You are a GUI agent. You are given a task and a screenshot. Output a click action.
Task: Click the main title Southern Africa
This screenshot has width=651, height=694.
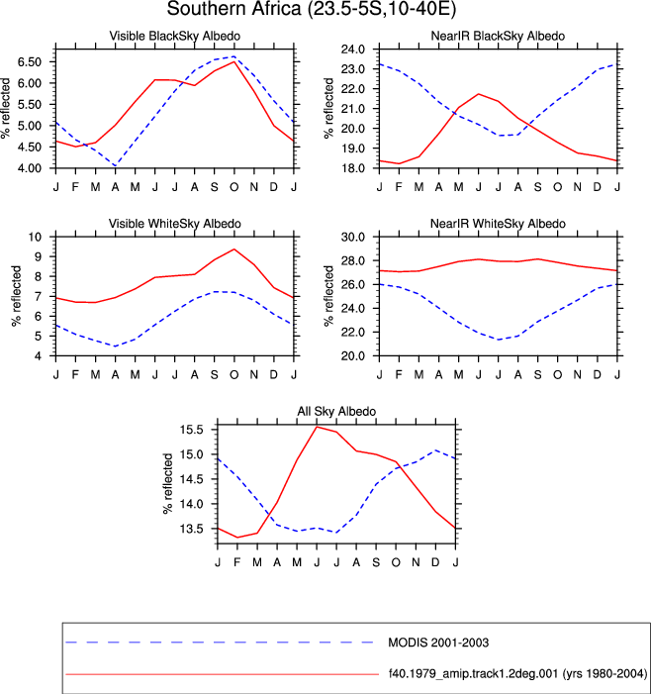coord(233,8)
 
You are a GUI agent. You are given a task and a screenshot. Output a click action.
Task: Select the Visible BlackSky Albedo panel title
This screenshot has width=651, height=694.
coord(175,36)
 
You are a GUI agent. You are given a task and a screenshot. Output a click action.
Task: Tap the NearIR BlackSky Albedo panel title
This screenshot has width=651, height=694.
coord(498,36)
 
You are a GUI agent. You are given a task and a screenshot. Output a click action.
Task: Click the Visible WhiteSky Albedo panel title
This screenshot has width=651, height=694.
coord(175,224)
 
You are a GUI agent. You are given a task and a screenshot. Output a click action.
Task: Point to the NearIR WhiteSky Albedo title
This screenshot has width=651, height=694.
coord(498,224)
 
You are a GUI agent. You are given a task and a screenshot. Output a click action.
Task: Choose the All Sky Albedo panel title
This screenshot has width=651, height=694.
coord(336,411)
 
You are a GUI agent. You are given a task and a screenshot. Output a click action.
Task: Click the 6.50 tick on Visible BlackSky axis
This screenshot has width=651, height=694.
coord(30,62)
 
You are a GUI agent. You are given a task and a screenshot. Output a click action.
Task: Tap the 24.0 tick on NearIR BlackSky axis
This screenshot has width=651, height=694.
coord(353,50)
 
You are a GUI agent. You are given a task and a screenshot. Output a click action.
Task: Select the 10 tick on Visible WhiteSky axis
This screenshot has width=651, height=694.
coord(35,237)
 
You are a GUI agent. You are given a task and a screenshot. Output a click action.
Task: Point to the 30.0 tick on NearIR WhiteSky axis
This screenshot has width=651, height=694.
coord(353,237)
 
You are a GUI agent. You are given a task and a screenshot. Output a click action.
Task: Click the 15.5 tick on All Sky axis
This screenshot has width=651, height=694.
coord(192,430)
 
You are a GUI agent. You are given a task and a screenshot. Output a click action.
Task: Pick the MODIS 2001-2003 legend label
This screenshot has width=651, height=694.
coord(438,643)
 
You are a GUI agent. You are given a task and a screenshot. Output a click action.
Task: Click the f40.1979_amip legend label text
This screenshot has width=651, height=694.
coord(517,673)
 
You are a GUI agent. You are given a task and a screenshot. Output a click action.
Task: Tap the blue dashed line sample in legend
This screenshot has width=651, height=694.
coord(220,642)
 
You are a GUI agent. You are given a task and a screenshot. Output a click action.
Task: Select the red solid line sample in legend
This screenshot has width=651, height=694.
coord(223,674)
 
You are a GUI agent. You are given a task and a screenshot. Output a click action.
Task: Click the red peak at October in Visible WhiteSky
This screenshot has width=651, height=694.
coord(233,249)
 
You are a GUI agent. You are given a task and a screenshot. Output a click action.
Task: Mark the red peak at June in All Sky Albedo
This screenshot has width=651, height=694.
coord(317,427)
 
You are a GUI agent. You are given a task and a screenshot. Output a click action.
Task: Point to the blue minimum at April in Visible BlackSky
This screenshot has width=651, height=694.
coord(115,165)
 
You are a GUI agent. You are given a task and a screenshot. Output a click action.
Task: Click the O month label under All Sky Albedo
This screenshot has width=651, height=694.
coord(396,562)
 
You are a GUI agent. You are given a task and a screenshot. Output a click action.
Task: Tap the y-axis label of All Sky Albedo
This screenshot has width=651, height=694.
coord(167,484)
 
